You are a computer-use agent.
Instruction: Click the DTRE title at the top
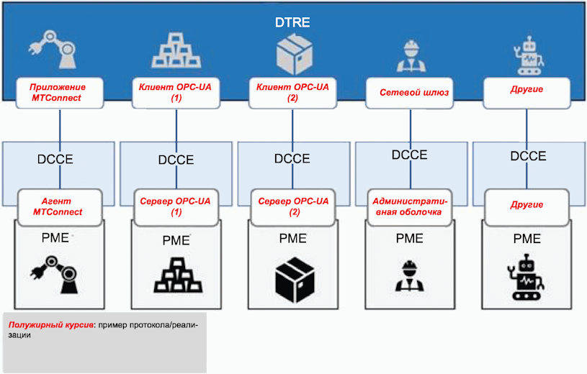coord(292,22)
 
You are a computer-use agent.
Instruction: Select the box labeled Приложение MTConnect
coord(60,93)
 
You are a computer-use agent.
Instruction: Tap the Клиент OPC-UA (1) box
coord(176,93)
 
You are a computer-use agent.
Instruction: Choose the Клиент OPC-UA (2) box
coord(292,93)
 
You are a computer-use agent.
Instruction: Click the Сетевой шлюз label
coord(414,92)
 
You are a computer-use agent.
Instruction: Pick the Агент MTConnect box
coord(60,207)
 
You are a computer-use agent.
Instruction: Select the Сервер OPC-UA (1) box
coord(176,207)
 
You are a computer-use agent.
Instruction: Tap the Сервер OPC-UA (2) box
coord(293,207)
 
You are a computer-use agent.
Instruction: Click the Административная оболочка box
coord(410,207)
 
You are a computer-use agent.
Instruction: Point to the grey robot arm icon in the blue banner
coord(53,50)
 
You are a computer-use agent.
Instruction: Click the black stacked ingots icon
coord(178,275)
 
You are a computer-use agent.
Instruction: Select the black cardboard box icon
coord(295,279)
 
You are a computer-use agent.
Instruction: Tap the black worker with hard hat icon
coord(410,276)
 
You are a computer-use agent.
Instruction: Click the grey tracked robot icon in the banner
coord(528,55)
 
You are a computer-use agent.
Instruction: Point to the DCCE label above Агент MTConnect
coord(55,160)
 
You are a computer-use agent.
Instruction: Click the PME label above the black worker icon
coord(410,238)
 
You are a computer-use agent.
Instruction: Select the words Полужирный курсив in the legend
coord(51,324)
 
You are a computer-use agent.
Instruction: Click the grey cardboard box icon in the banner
coord(295,54)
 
